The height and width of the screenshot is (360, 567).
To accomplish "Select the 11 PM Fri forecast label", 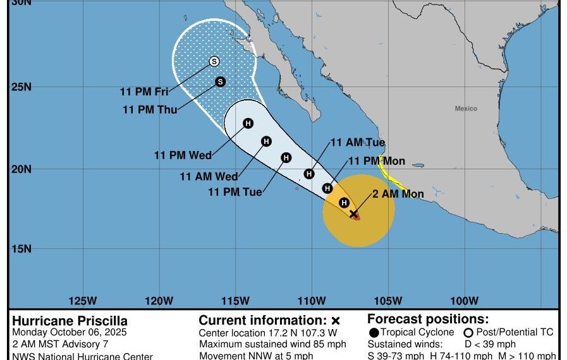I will coord(144,92).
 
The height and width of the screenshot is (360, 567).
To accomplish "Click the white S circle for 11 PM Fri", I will coord(214,61).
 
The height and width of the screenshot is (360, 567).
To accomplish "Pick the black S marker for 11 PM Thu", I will coord(221,81).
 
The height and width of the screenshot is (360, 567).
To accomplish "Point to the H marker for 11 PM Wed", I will coord(248,123).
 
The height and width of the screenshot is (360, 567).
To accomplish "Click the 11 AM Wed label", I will coord(209,177).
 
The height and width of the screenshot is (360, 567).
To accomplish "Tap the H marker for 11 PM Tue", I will coord(286,157).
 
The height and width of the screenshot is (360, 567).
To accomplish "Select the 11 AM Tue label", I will coord(358,143).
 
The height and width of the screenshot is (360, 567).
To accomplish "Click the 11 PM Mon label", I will coord(377,161).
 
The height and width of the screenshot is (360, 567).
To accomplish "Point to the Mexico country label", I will coord(466,109).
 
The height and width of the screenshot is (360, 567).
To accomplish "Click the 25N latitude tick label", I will coord(21,87).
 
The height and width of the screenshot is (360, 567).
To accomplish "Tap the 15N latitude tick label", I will coord(21,248).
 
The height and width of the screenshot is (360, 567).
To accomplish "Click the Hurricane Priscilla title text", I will coord(70,321).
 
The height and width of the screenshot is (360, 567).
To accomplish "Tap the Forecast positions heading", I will coord(428,320).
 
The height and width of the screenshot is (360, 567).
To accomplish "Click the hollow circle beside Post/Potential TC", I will coord(468,333).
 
